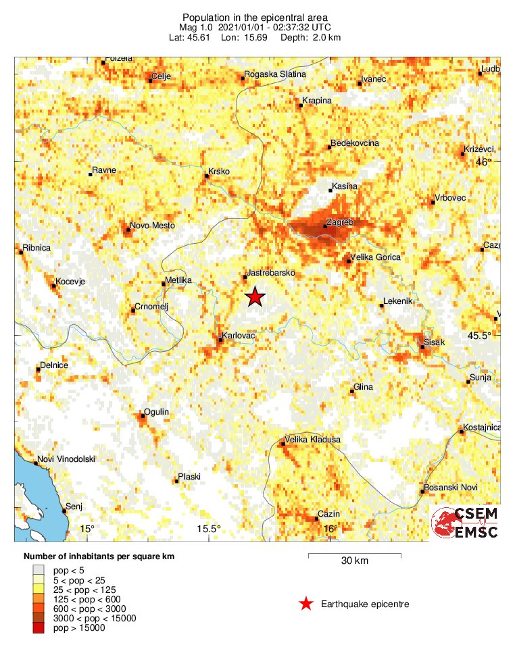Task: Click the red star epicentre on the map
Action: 255,297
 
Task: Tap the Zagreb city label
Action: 339,222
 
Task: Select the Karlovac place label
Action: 238,334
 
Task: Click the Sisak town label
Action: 434,343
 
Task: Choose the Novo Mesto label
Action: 152,226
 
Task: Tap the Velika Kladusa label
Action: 312,440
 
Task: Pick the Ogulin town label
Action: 156,412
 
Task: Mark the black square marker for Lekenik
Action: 382,306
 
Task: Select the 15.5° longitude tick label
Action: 209,529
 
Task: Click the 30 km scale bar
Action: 355,556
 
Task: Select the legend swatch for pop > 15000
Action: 38,628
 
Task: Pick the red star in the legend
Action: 306,604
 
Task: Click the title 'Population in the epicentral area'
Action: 254,16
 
